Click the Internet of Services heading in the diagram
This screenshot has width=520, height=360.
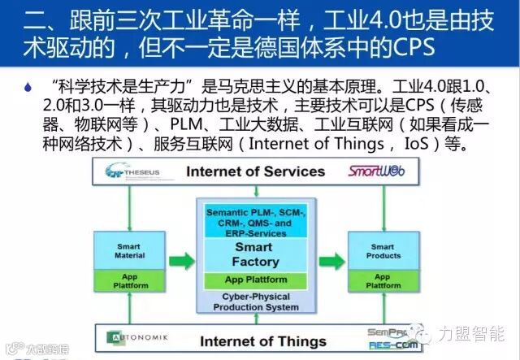click(256, 171)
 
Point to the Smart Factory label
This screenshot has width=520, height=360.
click(254, 254)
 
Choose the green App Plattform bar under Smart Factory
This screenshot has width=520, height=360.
click(254, 280)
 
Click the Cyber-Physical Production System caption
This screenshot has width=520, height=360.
click(254, 302)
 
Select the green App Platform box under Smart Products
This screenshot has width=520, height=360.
click(383, 281)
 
